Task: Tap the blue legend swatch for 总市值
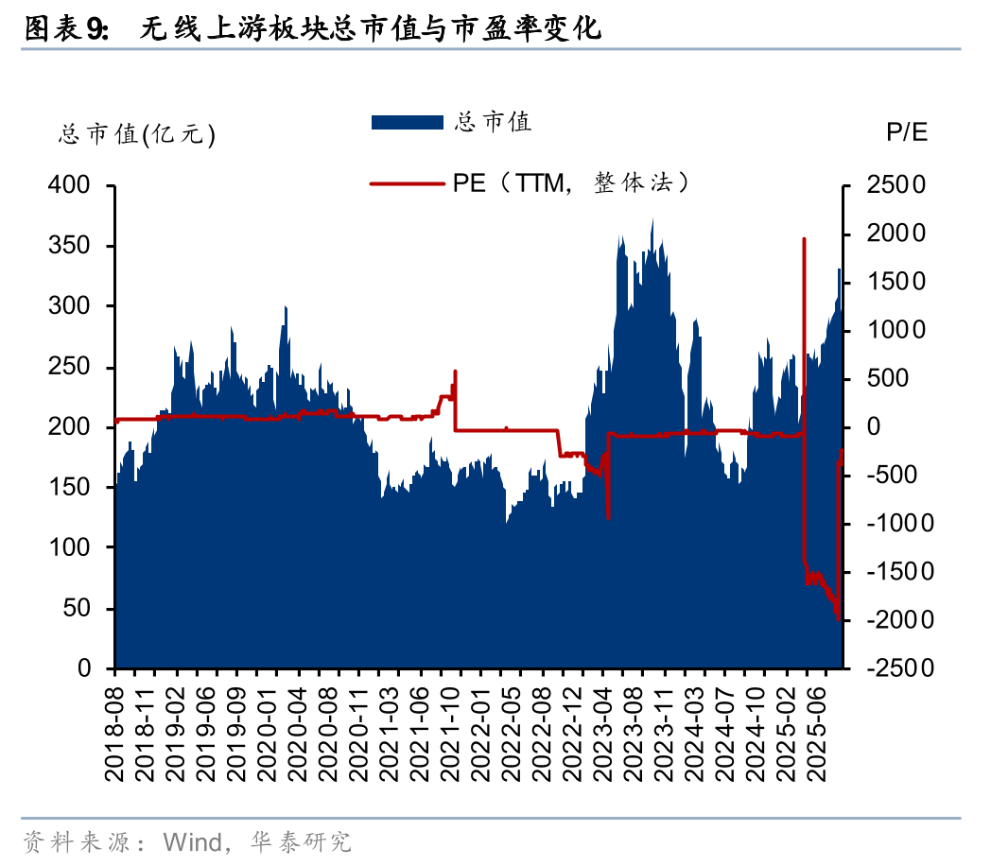click(x=407, y=122)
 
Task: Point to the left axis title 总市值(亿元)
click(x=137, y=135)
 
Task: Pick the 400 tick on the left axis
click(x=69, y=185)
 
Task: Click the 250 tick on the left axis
click(x=69, y=367)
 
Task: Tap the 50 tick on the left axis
click(x=78, y=608)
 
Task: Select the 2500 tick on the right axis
click(x=893, y=185)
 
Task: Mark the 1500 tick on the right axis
click(x=893, y=282)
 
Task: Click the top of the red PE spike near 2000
click(x=804, y=239)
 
